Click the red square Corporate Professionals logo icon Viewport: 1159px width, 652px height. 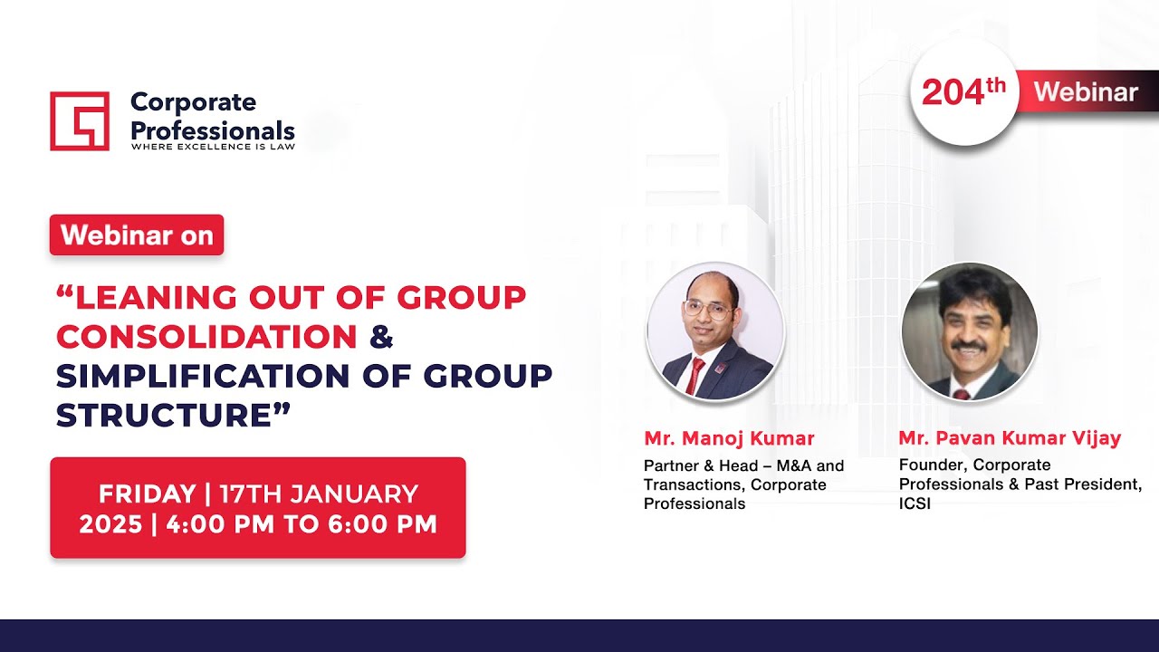[80, 120]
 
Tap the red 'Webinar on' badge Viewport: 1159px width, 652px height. [137, 235]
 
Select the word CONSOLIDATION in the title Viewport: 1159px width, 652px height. [206, 336]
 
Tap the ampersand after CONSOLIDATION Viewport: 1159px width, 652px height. [381, 336]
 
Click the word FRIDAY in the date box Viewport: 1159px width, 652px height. [147, 494]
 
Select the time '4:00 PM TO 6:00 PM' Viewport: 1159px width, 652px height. [298, 523]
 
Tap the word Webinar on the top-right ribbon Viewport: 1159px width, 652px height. [1085, 91]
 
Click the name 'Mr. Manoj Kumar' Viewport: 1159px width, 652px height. [729, 439]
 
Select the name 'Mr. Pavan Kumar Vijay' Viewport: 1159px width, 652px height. [1010, 439]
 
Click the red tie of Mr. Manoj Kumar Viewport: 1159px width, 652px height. [695, 375]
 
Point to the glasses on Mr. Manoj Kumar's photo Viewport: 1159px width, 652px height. [708, 308]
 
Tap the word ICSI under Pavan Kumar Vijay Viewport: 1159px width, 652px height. [915, 503]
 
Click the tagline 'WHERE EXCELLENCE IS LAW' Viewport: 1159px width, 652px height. [213, 145]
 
